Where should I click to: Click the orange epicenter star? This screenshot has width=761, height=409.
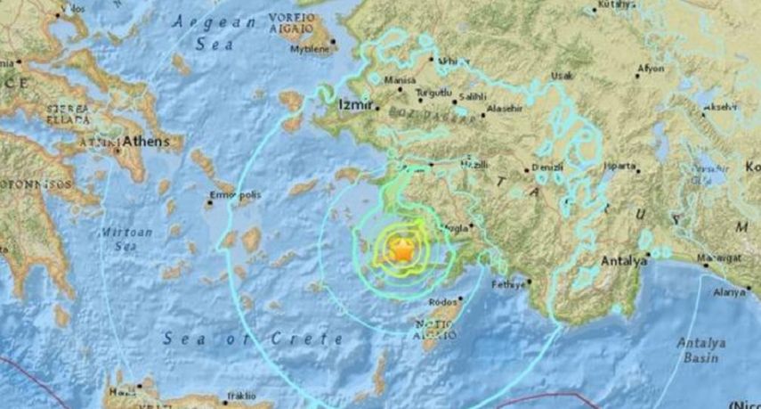[401, 250]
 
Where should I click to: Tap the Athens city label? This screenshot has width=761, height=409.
[145, 141]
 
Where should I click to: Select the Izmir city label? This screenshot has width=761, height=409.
[353, 105]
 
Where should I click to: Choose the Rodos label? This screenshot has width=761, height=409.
[442, 303]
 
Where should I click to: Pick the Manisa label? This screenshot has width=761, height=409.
[401, 80]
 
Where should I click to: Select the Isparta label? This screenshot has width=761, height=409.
[619, 165]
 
